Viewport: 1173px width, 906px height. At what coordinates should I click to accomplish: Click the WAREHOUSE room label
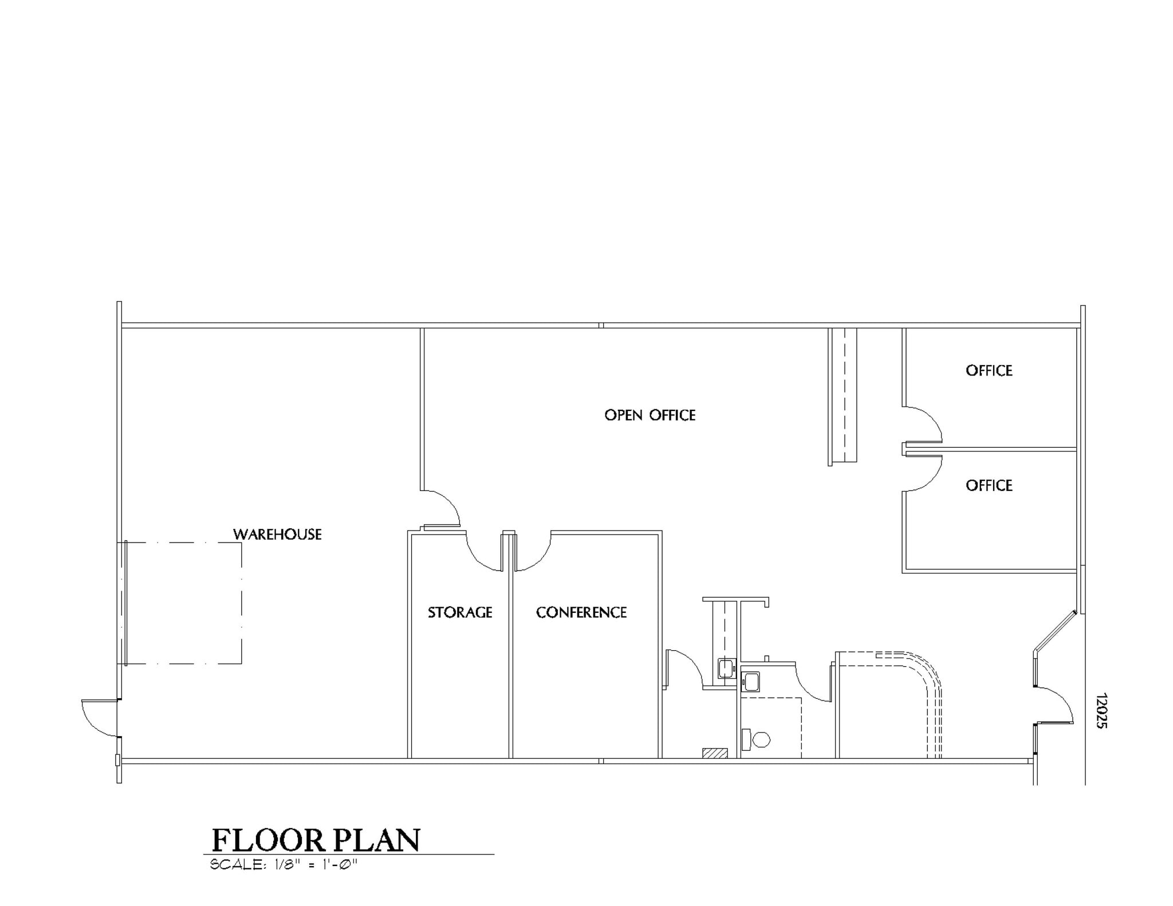click(277, 535)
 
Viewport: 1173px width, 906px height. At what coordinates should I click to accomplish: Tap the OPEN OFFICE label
click(650, 416)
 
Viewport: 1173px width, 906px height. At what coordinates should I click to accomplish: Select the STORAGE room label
click(460, 613)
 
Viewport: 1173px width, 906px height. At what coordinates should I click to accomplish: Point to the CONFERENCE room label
click(581, 613)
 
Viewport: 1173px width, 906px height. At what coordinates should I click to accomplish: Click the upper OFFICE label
click(989, 371)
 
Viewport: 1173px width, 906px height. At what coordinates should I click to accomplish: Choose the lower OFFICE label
click(989, 486)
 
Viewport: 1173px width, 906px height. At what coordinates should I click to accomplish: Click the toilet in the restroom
click(760, 739)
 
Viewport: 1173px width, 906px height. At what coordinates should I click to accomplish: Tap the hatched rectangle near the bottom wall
click(715, 753)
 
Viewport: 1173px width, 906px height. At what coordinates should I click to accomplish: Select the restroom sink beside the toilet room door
click(750, 682)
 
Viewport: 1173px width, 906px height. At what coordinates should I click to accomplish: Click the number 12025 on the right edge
click(1101, 711)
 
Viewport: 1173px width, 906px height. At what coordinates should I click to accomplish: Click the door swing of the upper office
click(923, 425)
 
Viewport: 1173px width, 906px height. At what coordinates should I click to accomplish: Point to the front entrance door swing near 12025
click(1055, 705)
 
